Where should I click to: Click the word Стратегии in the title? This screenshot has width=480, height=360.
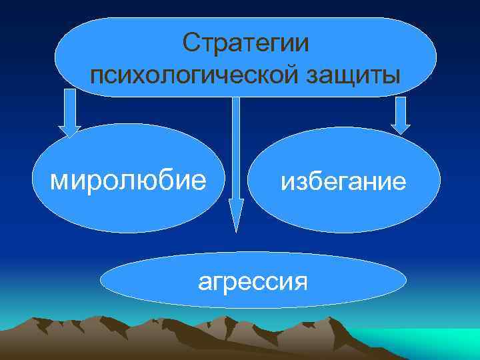246,44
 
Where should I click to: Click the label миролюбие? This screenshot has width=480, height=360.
129,180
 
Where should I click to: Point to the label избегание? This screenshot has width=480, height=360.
343,181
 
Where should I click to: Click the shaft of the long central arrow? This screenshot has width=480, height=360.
235,147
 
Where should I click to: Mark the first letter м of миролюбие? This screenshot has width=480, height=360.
60,181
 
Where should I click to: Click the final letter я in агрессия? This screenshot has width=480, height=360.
301,283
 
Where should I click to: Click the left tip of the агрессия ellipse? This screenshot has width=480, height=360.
102,282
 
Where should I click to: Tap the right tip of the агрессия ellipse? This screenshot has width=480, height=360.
406,281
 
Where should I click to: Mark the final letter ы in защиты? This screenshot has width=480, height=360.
393,75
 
